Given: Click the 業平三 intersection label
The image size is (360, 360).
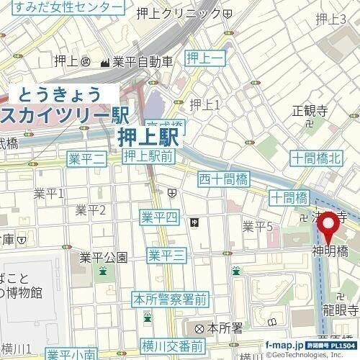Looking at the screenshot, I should [168, 254].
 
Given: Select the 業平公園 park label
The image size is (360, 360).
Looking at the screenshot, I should [103, 257].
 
